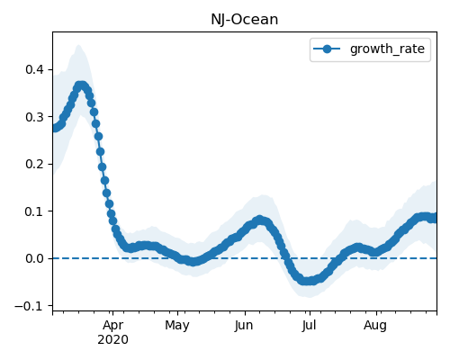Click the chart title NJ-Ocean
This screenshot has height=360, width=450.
(245, 20)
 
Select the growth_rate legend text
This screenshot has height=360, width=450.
(387, 49)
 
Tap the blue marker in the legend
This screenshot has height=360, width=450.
(327, 49)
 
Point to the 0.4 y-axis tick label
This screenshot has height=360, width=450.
(35, 69)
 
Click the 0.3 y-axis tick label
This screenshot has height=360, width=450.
(35, 117)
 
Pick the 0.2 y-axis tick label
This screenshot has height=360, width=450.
(35, 164)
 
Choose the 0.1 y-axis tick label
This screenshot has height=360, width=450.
(35, 211)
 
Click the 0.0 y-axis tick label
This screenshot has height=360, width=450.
(35, 258)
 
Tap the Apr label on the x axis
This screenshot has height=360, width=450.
(112, 325)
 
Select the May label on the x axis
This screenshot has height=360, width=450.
(177, 325)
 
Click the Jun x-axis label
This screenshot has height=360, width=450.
(244, 325)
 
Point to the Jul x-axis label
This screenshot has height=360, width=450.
(309, 325)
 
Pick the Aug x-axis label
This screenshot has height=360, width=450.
(375, 325)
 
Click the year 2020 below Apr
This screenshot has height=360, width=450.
(112, 339)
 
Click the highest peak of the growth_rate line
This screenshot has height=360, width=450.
(80, 85)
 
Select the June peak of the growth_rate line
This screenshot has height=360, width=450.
(260, 220)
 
